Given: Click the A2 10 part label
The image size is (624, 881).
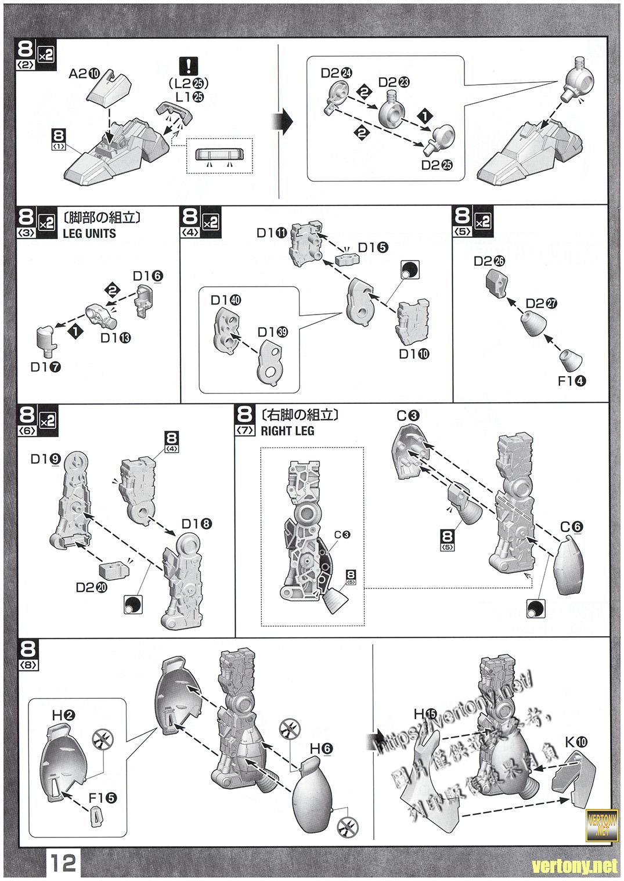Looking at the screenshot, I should [84, 73].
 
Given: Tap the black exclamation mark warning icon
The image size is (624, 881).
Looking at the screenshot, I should [187, 64].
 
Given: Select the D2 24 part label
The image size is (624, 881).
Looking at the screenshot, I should [336, 73].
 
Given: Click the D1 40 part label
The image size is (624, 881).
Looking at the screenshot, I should [226, 300].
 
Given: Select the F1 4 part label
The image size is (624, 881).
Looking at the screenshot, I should [571, 381].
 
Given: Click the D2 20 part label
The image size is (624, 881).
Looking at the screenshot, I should [91, 587].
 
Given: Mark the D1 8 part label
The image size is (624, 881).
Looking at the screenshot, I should [196, 524].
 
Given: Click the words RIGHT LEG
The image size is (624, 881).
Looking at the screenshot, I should [287, 431].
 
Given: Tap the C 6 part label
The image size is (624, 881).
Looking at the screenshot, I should [571, 527].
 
